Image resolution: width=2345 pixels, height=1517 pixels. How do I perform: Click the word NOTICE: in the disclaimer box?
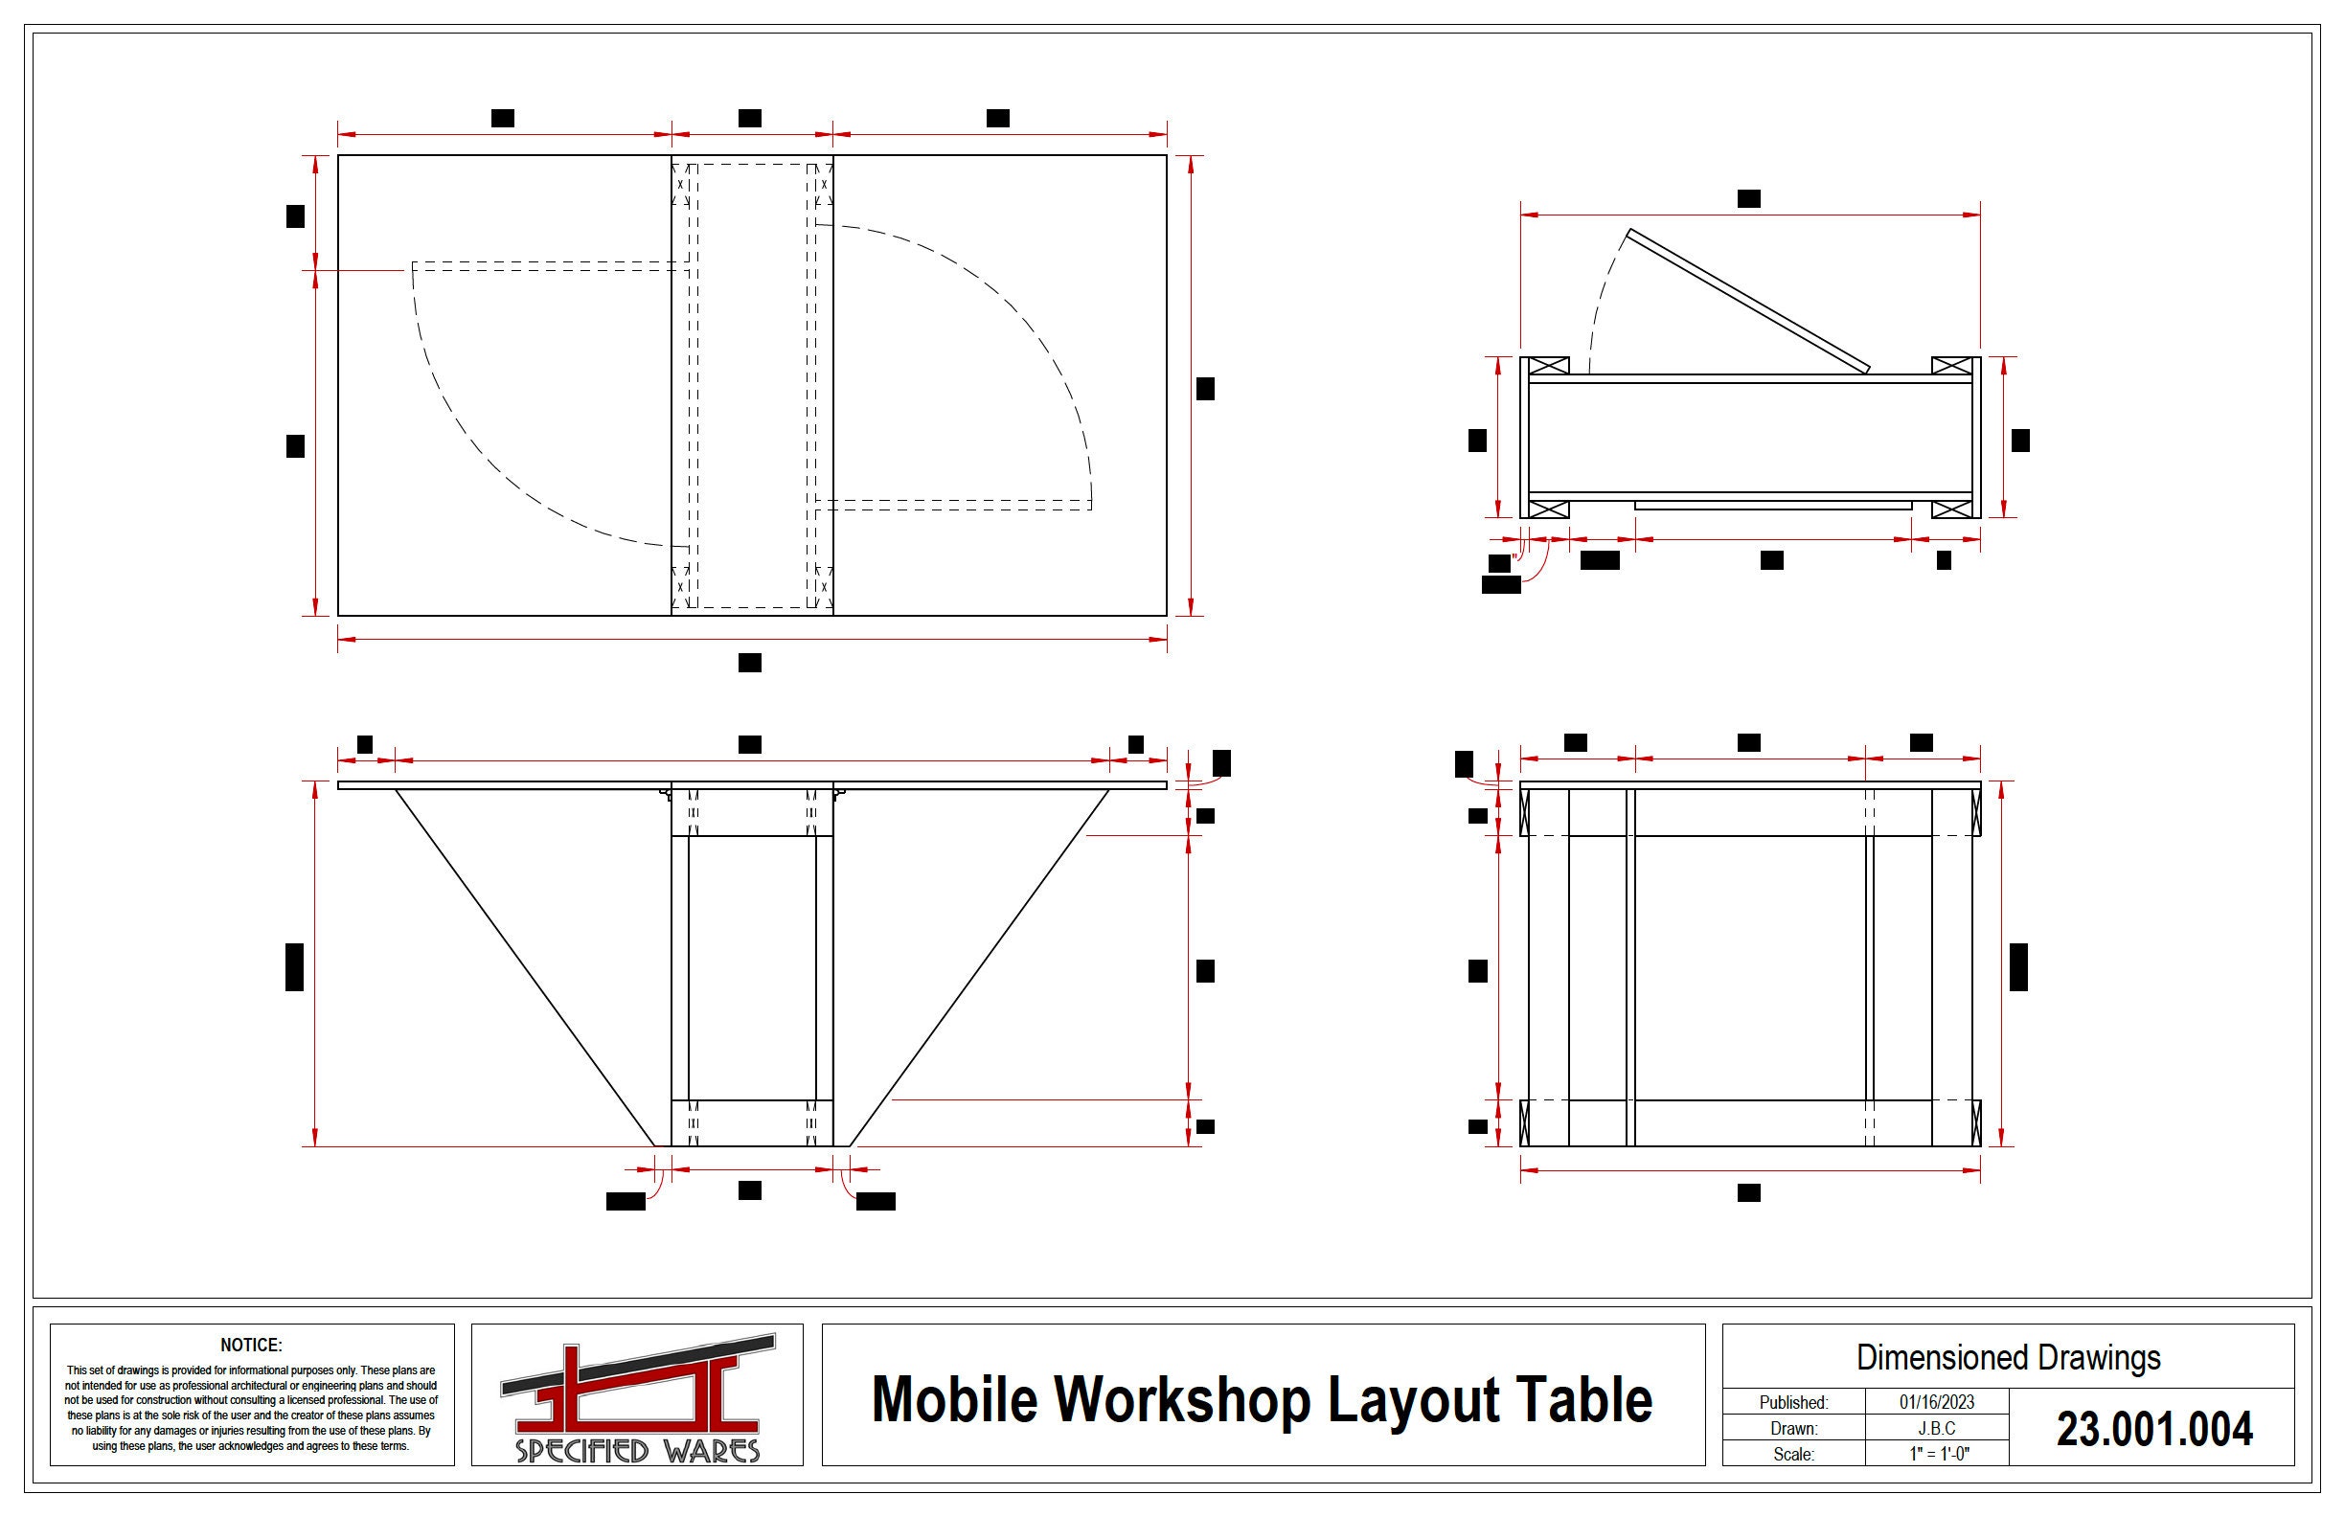(251, 1345)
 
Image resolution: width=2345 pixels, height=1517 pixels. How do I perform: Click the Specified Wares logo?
(636, 1397)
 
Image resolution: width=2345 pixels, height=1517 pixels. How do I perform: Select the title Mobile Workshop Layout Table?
(1263, 1400)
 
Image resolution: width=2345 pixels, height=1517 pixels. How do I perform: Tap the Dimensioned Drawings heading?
(2008, 1357)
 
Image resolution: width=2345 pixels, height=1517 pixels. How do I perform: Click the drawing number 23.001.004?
(2153, 1429)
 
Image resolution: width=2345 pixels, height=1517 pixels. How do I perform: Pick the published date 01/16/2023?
(1936, 1402)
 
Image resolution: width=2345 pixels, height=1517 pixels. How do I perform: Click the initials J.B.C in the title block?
(1936, 1428)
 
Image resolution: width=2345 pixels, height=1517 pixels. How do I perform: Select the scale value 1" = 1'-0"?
(1936, 1454)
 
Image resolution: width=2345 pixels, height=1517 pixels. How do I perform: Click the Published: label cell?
(1793, 1402)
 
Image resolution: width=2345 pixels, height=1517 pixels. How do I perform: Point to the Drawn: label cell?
(1793, 1428)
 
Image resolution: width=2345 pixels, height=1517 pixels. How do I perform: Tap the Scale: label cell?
(1793, 1454)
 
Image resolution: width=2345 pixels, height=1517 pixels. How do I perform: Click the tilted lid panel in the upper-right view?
(1749, 302)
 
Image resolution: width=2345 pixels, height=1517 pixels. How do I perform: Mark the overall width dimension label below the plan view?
(750, 663)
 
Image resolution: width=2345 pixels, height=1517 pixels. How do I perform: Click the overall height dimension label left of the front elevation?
(294, 966)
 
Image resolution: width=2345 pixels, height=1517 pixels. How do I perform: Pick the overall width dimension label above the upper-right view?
(1749, 199)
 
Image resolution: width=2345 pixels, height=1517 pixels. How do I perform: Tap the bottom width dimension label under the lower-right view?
(1749, 1193)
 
